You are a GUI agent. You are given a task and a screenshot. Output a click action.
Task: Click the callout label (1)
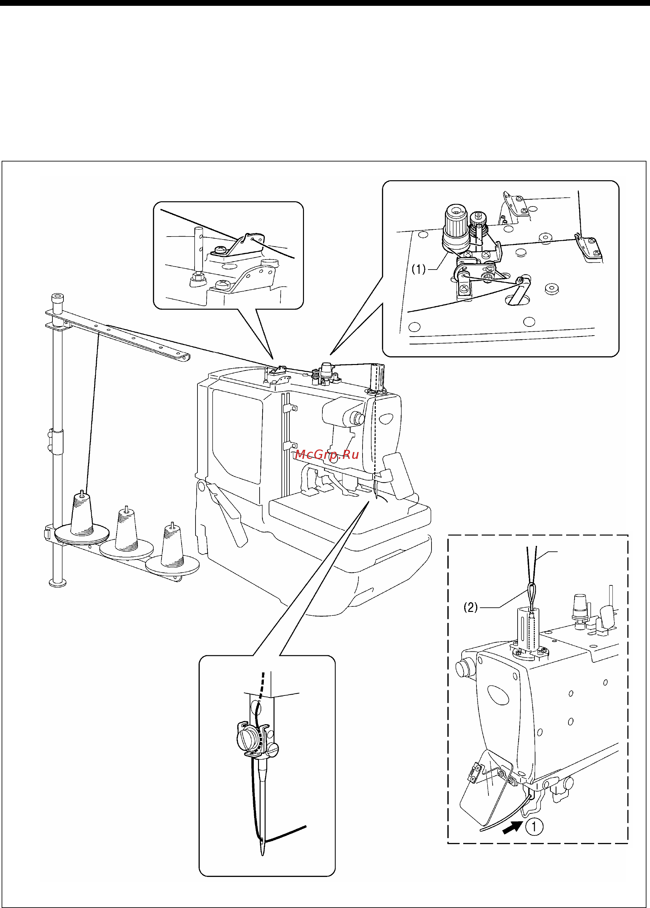(419, 269)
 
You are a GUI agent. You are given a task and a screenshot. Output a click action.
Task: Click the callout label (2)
(471, 608)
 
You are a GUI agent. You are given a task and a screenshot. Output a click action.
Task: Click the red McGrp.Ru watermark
(327, 454)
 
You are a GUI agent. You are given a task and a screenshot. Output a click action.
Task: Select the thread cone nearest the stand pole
(82, 515)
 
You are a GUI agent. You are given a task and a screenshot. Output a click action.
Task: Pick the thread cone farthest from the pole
(172, 546)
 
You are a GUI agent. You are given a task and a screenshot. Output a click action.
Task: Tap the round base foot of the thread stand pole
(58, 583)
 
